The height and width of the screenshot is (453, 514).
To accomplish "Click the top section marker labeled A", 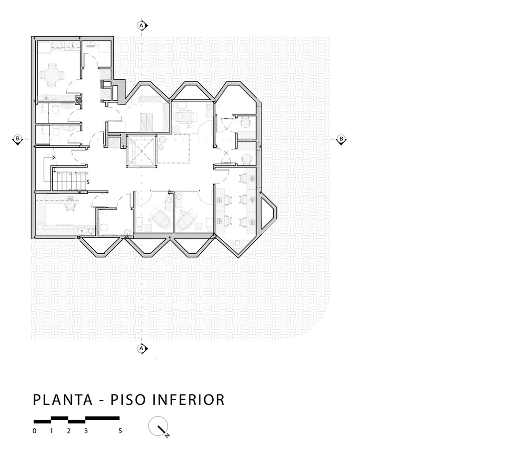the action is point(142,25).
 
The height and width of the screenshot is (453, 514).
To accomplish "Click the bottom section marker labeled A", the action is point(142,348).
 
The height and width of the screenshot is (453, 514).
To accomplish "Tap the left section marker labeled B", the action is point(18,139).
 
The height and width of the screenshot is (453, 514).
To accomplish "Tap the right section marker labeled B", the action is point(341,139).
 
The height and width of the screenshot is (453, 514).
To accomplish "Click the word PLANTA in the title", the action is point(63,400).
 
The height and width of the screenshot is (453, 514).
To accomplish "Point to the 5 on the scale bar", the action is point(120,431).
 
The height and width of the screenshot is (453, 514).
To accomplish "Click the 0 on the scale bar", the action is point(34,431).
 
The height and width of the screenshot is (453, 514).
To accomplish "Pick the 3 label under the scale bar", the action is point(86,431).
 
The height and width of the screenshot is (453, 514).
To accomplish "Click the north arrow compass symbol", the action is point(158,427).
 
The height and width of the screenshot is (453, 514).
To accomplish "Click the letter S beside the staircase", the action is point(88,182).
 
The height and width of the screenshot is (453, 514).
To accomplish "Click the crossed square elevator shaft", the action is point(142,152).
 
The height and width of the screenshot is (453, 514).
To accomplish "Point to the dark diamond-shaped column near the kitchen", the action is point(79,100).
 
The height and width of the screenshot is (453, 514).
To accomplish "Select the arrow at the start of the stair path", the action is point(53,158).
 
